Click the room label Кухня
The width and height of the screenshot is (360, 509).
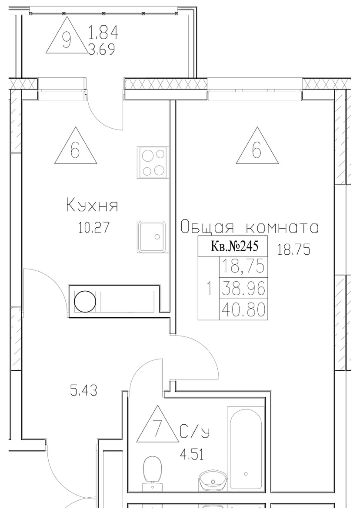pyautogui.click(x=92, y=206)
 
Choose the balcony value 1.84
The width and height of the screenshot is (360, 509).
pyautogui.click(x=103, y=32)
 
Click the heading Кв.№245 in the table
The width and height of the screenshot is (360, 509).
pyautogui.click(x=234, y=246)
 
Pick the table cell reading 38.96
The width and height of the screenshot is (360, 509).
pyautogui.click(x=243, y=289)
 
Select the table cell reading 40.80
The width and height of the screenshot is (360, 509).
pyautogui.click(x=243, y=309)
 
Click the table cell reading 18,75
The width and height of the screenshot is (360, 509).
pyautogui.click(x=243, y=267)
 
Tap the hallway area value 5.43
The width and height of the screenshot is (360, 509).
pyautogui.click(x=83, y=390)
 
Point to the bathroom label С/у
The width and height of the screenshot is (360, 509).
pyautogui.click(x=195, y=432)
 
